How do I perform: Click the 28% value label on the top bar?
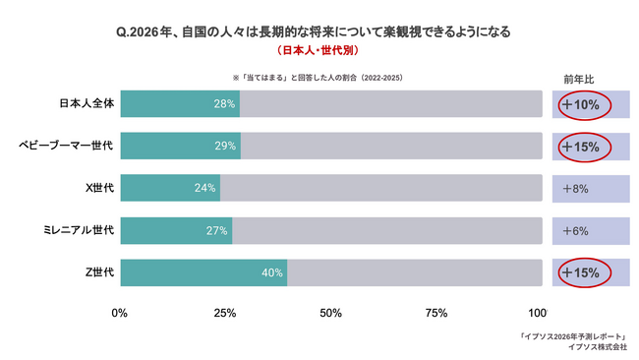225,104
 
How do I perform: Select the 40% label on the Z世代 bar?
272,272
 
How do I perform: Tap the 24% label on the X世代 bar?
205,188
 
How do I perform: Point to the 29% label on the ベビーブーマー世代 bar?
225,147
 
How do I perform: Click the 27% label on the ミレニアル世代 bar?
217,230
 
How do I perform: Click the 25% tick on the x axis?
225,313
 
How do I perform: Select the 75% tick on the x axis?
436,313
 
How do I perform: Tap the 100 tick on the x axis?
537,313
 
